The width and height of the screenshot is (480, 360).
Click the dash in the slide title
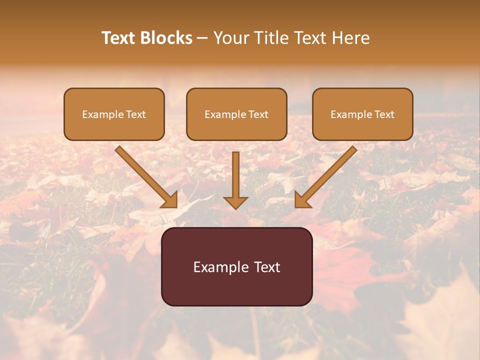202,38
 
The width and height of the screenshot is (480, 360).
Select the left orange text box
114,114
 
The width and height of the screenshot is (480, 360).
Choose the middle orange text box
236,114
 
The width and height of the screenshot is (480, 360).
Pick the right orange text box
362,114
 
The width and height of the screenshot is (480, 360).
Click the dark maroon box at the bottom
236,266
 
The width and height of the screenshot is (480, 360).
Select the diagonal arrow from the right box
327,175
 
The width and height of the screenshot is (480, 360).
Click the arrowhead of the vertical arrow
235,202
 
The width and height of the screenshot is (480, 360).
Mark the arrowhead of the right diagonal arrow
301,200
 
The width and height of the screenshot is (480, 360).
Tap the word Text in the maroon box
267,267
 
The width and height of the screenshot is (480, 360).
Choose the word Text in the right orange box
384,114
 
